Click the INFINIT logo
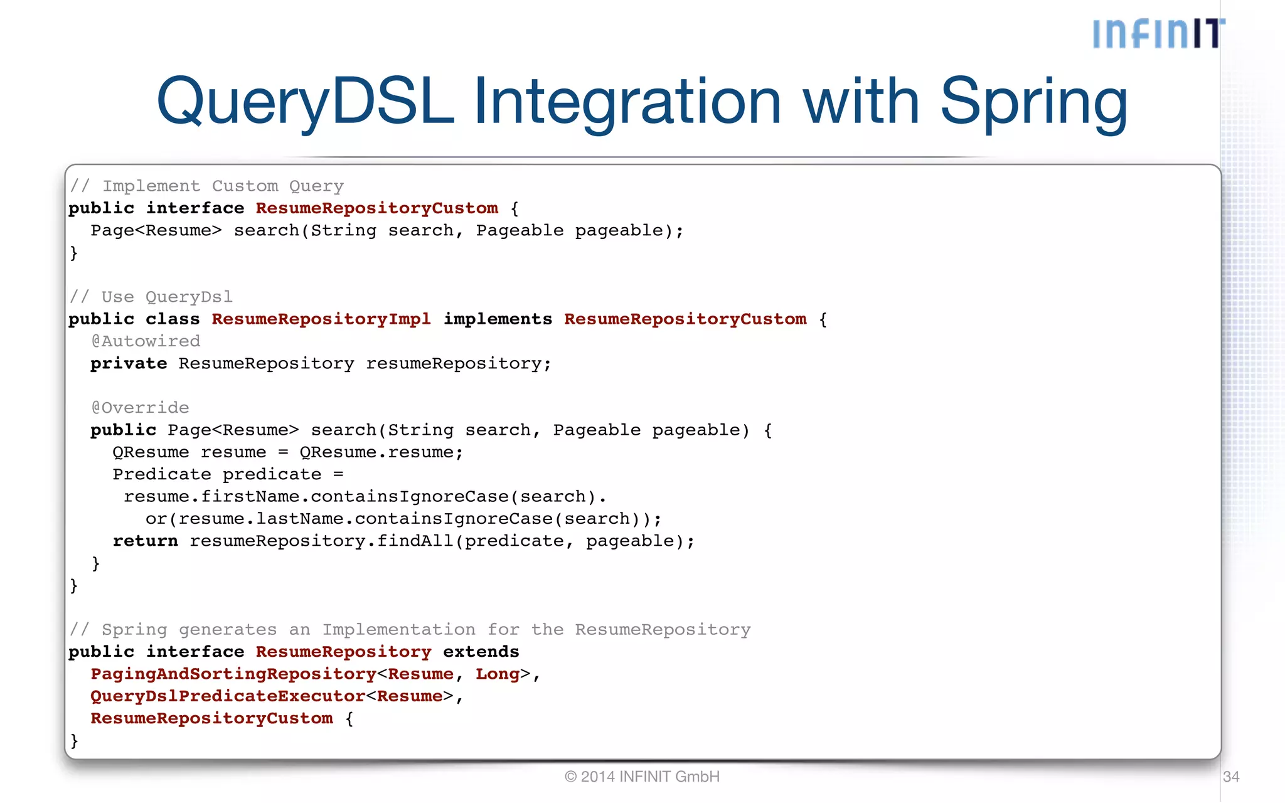(x=1158, y=34)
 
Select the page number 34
(x=1231, y=777)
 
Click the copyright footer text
(x=642, y=777)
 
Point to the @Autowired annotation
(x=146, y=341)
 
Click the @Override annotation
(x=140, y=408)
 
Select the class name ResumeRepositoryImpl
(x=321, y=319)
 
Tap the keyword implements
(x=498, y=319)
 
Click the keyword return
(x=145, y=541)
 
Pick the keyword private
(x=129, y=364)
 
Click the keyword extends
(x=481, y=652)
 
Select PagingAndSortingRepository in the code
(x=233, y=674)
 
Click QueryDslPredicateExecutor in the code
(x=228, y=696)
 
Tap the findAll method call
(x=415, y=541)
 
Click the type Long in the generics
(x=498, y=674)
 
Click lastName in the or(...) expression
(x=299, y=519)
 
